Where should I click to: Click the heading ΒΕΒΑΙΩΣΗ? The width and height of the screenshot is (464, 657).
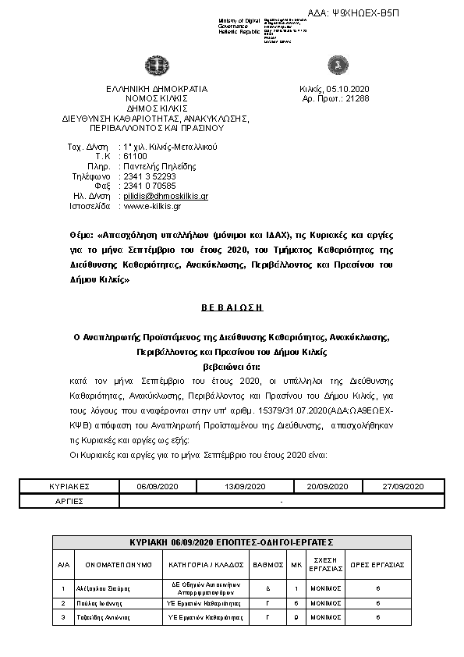pyautogui.click(x=232, y=309)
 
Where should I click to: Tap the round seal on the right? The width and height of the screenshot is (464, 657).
pyautogui.click(x=338, y=62)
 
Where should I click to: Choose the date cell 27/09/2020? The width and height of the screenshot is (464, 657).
pyautogui.click(x=402, y=486)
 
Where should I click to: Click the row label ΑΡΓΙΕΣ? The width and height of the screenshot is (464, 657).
pyautogui.click(x=69, y=500)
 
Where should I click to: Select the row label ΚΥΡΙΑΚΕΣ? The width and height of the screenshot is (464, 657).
pyautogui.click(x=69, y=486)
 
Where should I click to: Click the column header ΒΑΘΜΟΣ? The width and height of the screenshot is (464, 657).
pyautogui.click(x=267, y=563)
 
